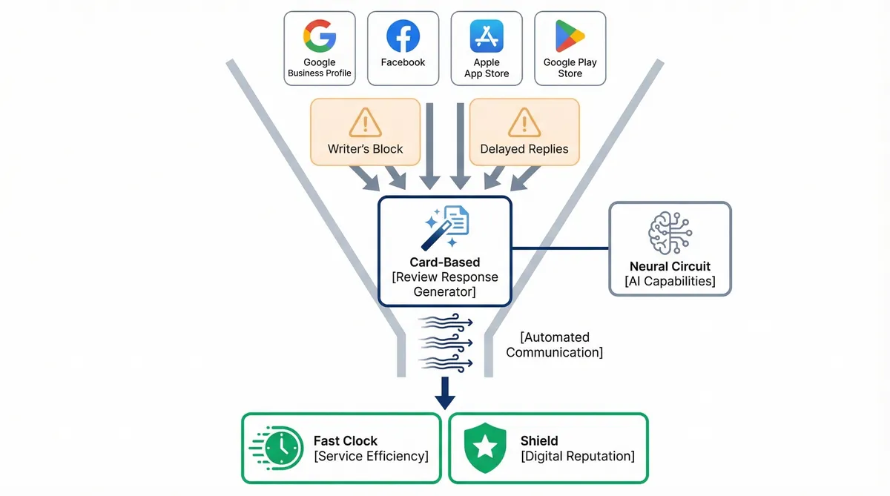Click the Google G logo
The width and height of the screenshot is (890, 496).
[320, 36]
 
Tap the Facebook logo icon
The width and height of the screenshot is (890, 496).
[403, 36]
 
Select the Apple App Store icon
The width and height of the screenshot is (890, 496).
[487, 36]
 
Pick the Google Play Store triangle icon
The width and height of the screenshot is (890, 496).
[570, 36]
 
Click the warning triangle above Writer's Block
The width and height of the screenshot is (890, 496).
[365, 122]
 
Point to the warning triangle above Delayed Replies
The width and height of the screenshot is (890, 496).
[524, 122]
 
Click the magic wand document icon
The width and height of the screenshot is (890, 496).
[445, 227]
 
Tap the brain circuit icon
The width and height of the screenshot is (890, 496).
[670, 233]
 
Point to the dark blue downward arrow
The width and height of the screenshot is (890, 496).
[445, 392]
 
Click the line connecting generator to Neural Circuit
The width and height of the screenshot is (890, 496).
[560, 248]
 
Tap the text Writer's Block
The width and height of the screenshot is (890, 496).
[365, 149]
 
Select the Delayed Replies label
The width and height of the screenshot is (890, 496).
[524, 149]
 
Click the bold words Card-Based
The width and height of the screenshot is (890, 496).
[445, 262]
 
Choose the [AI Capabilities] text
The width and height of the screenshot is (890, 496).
[670, 281]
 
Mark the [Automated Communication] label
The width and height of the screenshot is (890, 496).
[555, 345]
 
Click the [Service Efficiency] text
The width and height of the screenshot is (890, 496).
[372, 456]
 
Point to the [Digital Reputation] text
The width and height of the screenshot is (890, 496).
[578, 456]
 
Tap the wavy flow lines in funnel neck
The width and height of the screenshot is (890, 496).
[446, 341]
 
